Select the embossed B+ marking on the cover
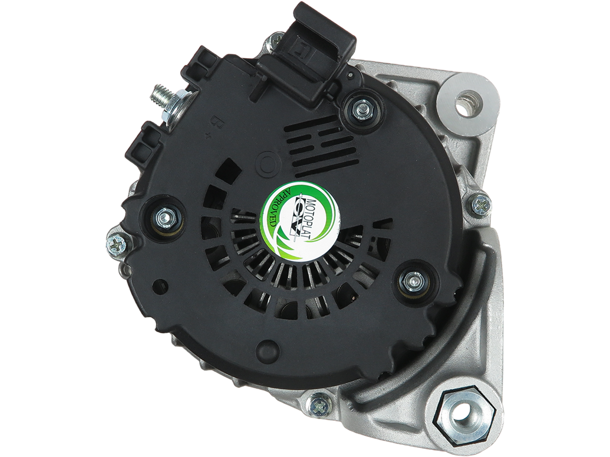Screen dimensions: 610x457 pos(211,129)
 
